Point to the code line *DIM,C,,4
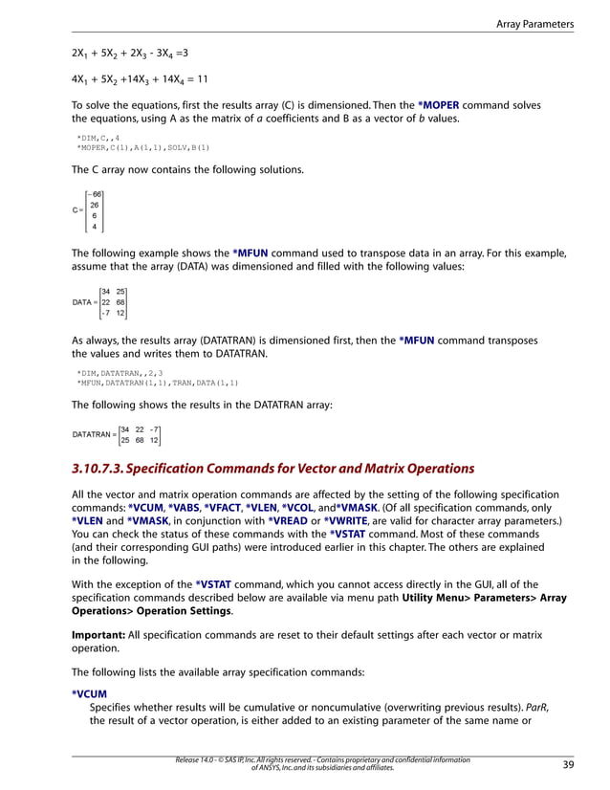tap(98, 138)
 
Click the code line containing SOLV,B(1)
tap(142, 147)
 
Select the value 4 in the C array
tap(94, 227)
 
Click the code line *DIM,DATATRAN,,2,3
tap(120, 373)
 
